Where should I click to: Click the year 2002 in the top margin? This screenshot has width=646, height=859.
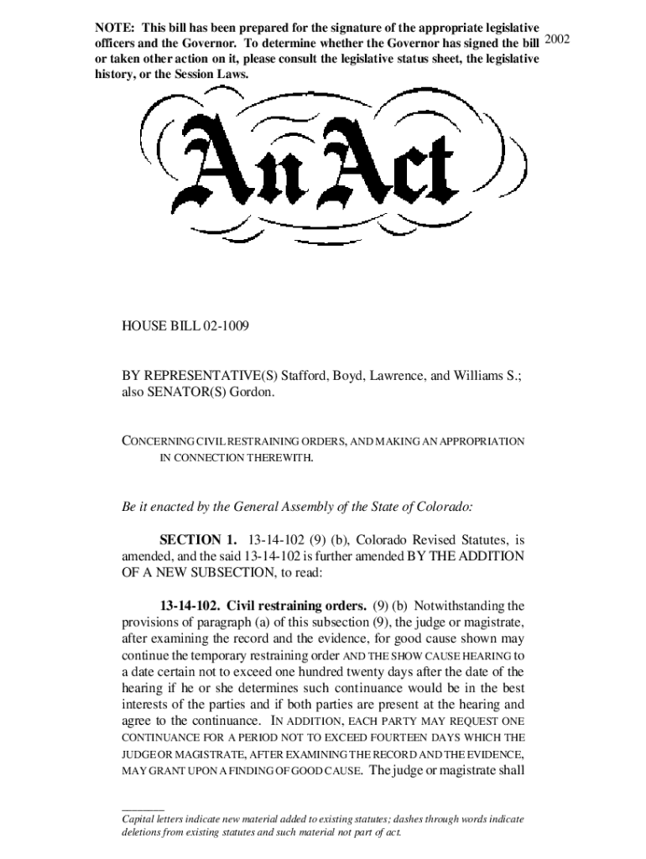pos(558,39)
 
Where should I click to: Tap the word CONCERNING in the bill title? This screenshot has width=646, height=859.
pos(159,441)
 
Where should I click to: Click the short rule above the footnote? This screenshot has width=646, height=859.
pos(143,808)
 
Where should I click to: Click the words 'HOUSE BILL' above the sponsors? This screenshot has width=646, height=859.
pos(154,324)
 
